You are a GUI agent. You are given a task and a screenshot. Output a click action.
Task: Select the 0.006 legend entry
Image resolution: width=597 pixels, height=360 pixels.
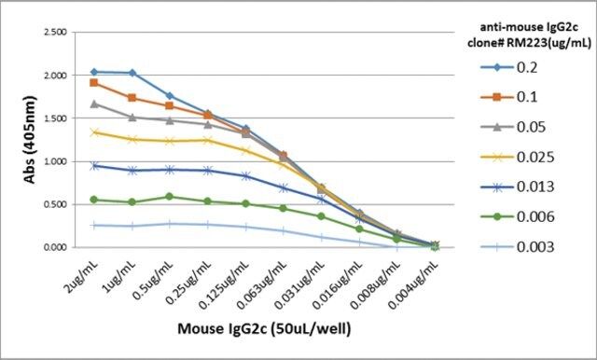(517, 217)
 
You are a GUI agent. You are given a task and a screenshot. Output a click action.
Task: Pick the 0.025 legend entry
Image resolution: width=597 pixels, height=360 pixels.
(517, 157)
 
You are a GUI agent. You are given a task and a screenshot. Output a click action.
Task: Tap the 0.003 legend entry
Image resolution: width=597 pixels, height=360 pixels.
(517, 247)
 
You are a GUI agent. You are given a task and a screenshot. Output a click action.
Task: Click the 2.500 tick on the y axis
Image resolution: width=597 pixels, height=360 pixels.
(56, 32)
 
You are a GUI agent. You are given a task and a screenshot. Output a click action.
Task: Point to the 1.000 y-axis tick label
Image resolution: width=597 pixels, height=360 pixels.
(56, 161)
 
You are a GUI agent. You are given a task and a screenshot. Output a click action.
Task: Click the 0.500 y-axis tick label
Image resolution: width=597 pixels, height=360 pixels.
(56, 204)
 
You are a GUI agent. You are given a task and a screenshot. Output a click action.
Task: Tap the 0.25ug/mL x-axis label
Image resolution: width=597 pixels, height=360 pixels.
(188, 283)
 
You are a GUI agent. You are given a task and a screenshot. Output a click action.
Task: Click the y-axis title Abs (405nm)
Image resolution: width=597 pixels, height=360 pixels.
(30, 140)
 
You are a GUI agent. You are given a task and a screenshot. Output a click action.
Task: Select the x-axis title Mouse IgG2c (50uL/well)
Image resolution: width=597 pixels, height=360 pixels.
(264, 328)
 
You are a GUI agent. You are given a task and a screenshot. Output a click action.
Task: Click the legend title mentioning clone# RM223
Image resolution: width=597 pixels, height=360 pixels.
(529, 35)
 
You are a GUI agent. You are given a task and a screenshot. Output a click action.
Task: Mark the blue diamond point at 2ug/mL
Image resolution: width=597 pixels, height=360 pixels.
(94, 72)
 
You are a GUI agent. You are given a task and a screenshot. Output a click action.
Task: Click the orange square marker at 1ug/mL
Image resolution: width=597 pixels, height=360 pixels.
(132, 98)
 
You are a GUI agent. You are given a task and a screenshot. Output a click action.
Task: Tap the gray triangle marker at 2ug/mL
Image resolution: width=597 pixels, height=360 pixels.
(94, 104)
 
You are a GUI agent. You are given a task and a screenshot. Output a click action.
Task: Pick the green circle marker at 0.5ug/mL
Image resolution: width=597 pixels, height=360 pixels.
(170, 197)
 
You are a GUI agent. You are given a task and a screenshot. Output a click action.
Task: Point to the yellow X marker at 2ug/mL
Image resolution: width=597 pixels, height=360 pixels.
(94, 132)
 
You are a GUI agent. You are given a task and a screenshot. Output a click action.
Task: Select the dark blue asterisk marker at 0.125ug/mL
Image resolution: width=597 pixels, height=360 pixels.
(245, 176)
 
